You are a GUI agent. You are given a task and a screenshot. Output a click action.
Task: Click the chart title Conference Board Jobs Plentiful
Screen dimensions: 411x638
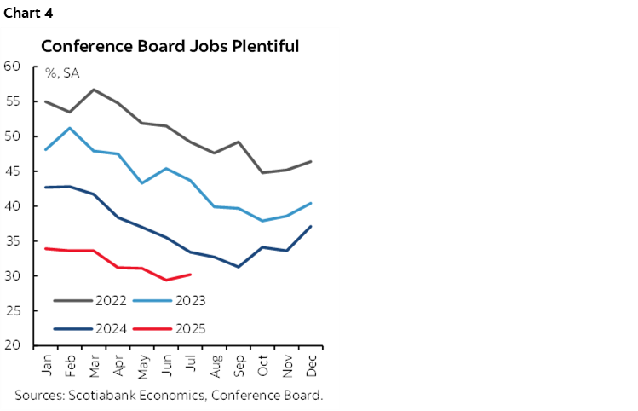pyautogui.click(x=170, y=46)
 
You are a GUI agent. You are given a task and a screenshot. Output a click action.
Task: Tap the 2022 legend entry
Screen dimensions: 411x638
pyautogui.click(x=111, y=300)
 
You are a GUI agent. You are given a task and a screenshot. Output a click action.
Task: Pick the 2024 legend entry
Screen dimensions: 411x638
pyautogui.click(x=111, y=327)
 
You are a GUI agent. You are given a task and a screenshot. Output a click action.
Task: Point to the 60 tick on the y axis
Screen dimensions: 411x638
pyautogui.click(x=12, y=67)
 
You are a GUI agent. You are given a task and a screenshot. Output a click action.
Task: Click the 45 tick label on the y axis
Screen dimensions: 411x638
pyautogui.click(x=12, y=171)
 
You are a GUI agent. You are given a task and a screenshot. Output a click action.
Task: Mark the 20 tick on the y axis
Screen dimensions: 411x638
pyautogui.click(x=12, y=345)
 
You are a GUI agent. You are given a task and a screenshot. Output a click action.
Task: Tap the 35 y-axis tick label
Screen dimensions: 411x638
pyautogui.click(x=12, y=241)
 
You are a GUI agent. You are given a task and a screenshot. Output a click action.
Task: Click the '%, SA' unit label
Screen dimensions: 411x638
pyautogui.click(x=62, y=73)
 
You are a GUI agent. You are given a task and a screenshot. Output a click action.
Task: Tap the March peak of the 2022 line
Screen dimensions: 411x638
pyautogui.click(x=93, y=90)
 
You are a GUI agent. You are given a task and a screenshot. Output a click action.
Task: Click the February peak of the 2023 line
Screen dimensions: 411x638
pyautogui.click(x=69, y=128)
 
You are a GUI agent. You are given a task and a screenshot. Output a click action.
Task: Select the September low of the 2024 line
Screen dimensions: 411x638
pyautogui.click(x=238, y=267)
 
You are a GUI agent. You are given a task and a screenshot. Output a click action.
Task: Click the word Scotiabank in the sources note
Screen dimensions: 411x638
pyautogui.click(x=105, y=395)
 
